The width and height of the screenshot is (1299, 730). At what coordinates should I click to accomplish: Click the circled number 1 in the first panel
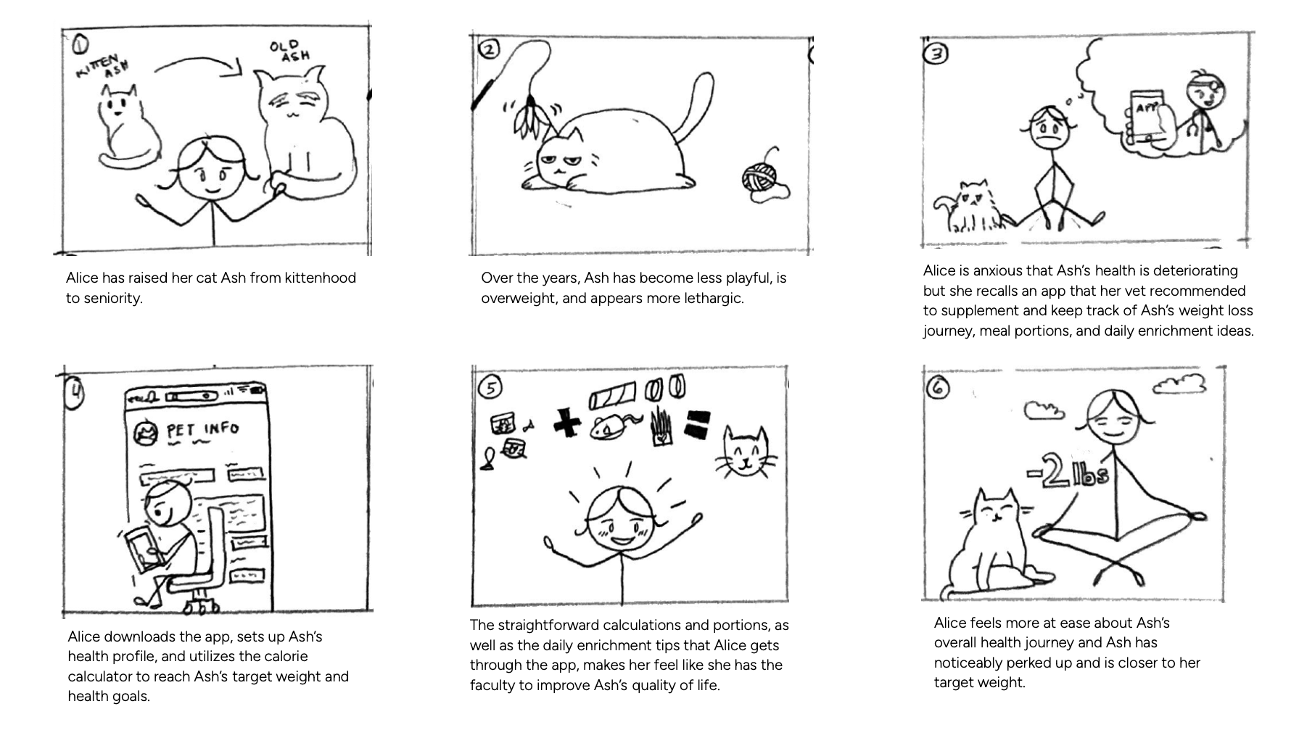[80, 45]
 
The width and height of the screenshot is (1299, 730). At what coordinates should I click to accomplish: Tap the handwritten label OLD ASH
[290, 51]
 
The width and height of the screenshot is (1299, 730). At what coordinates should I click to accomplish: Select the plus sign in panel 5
[566, 423]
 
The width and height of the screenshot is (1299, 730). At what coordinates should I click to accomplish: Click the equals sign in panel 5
[697, 425]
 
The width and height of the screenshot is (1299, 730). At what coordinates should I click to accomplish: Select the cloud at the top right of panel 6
[1179, 384]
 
